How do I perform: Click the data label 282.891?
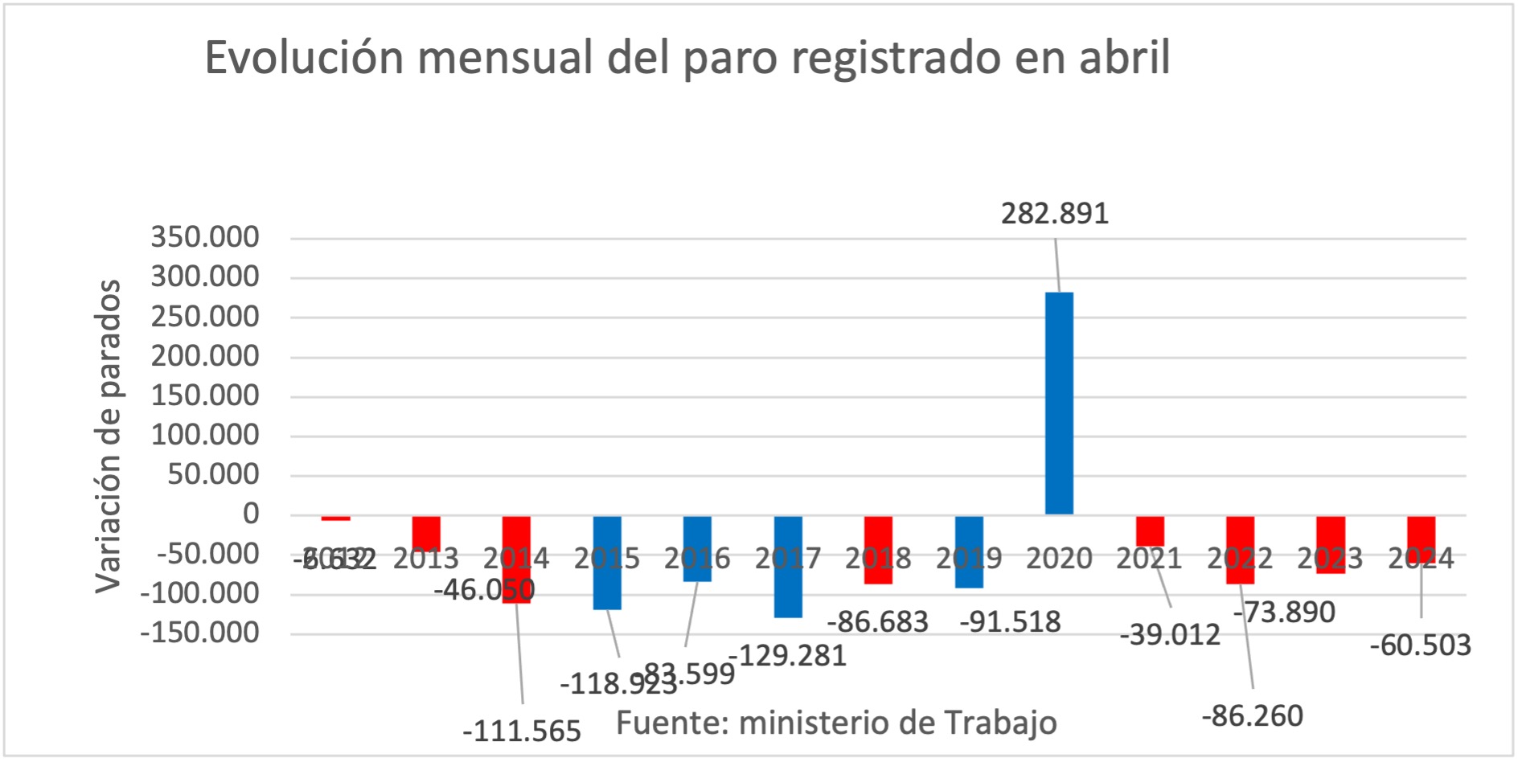pyautogui.click(x=1054, y=214)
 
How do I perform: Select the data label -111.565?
pyautogui.click(x=521, y=731)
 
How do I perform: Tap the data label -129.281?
pyautogui.click(x=788, y=656)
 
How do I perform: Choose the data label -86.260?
pyautogui.click(x=1252, y=715)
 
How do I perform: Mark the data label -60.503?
pyautogui.click(x=1420, y=645)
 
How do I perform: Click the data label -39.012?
pyautogui.click(x=1170, y=635)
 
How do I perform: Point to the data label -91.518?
pyautogui.click(x=1010, y=622)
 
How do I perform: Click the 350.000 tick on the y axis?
pyautogui.click(x=205, y=237)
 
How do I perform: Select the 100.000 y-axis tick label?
pyautogui.click(x=205, y=435)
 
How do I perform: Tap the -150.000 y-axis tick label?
pyautogui.click(x=199, y=633)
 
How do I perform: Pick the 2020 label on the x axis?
pyautogui.click(x=1059, y=559)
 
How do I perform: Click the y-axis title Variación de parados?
pyautogui.click(x=108, y=436)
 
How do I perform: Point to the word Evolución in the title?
pyautogui.click(x=304, y=58)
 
